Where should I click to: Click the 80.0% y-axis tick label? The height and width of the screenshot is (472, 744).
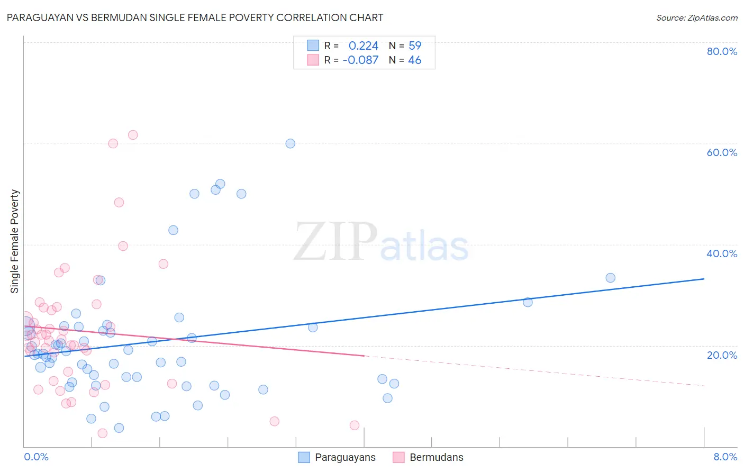click(x=722, y=51)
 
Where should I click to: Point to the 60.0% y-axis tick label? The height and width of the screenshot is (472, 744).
click(x=722, y=152)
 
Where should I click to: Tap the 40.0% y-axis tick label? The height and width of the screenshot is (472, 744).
click(x=722, y=253)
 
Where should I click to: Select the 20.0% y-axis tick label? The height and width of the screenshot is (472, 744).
click(x=722, y=355)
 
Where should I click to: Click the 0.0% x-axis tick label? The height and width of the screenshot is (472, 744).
click(x=36, y=457)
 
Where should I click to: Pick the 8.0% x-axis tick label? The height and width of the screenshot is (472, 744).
click(x=725, y=457)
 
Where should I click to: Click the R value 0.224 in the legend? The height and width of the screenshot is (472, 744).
click(x=363, y=46)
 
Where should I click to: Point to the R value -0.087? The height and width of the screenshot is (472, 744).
click(x=360, y=60)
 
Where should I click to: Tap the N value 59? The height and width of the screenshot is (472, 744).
click(x=415, y=46)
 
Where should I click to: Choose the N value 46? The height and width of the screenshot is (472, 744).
click(x=414, y=60)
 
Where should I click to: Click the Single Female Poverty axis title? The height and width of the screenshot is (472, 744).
click(x=15, y=241)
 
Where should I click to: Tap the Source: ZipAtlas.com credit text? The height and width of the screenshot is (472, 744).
click(x=696, y=18)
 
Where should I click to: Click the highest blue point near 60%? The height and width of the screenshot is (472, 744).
click(x=290, y=143)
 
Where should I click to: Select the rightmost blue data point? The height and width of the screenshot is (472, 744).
click(x=610, y=278)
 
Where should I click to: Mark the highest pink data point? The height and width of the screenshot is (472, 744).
click(x=133, y=135)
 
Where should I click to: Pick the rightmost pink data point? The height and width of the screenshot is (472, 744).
click(x=355, y=425)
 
